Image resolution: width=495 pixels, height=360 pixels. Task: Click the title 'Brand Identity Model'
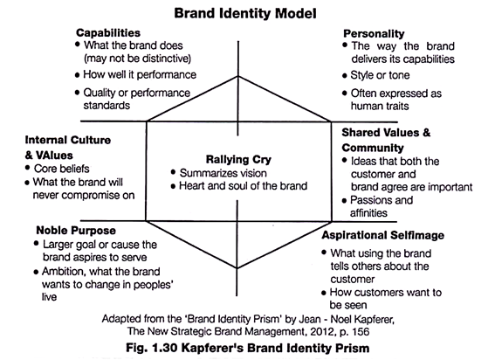pos(245,14)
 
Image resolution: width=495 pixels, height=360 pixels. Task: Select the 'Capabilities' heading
pos(108,33)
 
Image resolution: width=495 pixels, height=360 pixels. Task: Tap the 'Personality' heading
pos(374,34)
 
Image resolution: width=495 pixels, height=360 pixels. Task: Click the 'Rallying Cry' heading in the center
pos(238,160)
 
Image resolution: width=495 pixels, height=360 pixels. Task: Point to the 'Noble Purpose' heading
pos(76,231)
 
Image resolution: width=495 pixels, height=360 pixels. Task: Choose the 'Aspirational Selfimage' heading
pos(383,235)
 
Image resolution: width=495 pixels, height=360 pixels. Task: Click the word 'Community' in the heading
pos(373,148)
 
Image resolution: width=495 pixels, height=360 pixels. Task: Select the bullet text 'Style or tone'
pos(380,75)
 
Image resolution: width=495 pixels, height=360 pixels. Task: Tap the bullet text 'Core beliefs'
pos(62,169)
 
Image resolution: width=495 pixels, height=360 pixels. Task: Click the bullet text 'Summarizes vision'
pos(223,173)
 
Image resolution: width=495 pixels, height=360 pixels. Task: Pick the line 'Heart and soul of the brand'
pos(243,186)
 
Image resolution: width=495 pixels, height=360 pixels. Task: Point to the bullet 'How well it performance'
pos(140,75)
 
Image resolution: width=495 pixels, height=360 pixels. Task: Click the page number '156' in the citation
pos(361,331)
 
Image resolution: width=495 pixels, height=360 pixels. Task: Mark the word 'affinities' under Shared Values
pos(368,213)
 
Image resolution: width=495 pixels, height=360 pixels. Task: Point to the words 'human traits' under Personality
pos(380,107)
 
